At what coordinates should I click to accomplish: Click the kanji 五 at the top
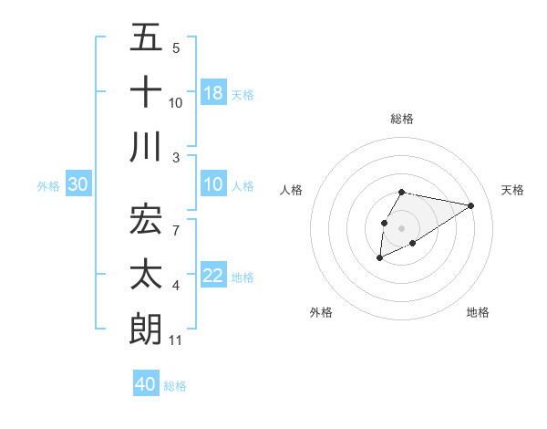tap(147, 38)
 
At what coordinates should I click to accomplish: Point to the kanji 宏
tap(147, 218)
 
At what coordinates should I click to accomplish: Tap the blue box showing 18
tap(213, 92)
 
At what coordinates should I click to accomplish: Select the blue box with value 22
tap(213, 275)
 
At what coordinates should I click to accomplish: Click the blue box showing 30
tap(78, 184)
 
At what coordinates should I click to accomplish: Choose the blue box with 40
tap(146, 384)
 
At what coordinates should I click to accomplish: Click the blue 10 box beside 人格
tap(213, 184)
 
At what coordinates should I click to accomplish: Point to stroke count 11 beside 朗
tap(176, 340)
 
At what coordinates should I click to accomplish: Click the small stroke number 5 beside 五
tap(176, 47)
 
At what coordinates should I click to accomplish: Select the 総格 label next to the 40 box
tap(176, 385)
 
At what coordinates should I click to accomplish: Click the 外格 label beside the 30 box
tap(48, 185)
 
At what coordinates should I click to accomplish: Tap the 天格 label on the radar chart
tap(513, 190)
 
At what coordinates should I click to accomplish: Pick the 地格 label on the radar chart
tap(478, 312)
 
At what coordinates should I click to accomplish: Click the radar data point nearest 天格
tap(471, 205)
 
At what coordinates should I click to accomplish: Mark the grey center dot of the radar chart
tap(401, 227)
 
